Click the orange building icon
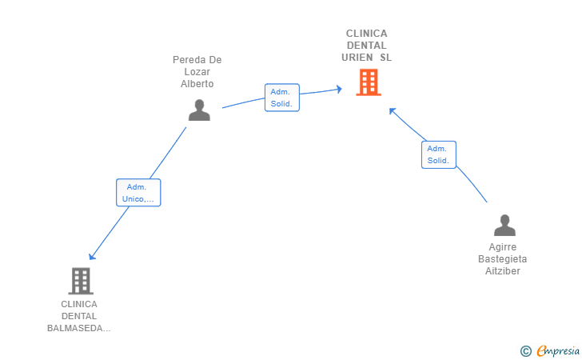pos(369,82)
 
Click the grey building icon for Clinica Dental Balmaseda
pos(81,281)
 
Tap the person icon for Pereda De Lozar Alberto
pos(199,110)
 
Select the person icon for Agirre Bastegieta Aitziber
pos(504,225)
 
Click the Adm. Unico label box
pos(138,193)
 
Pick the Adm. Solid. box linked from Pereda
pos(282,98)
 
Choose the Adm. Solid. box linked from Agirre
pos(439,154)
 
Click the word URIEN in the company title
pos(357,58)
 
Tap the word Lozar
pos(197,72)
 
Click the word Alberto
pos(197,84)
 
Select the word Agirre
pos(503,247)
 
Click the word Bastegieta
pos(503,259)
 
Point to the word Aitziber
pos(503,271)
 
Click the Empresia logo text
pos(558,350)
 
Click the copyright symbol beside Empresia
pos(526,351)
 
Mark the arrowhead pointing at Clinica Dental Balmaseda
pos(92,256)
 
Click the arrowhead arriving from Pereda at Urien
pos(339,89)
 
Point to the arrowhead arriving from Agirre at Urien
pos(392,110)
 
